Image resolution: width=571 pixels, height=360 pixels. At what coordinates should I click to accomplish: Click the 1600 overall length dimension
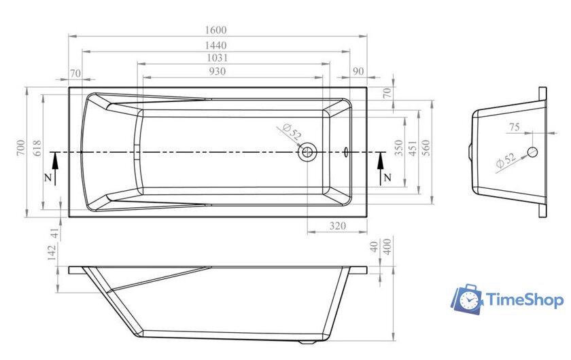click(215, 30)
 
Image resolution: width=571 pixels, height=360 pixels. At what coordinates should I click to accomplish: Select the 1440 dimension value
click(215, 46)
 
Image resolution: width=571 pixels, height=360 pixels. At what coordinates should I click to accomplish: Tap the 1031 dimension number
click(217, 58)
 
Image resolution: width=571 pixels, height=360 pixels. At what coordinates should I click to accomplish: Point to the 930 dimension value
click(217, 71)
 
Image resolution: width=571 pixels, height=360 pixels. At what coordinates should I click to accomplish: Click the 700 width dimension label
click(21, 147)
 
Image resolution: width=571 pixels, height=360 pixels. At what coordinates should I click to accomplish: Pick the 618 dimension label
click(37, 148)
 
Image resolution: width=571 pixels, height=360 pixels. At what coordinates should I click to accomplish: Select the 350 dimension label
click(399, 148)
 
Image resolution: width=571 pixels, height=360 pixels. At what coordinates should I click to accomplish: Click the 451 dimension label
click(413, 149)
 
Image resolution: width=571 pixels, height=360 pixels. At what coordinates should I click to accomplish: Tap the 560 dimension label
click(426, 148)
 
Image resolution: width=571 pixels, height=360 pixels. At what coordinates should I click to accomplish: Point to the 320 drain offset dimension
click(338, 226)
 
